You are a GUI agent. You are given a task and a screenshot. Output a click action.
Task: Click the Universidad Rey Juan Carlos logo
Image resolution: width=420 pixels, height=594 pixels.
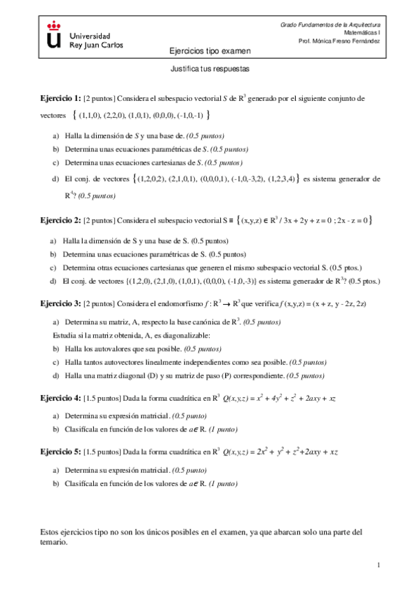point(85,34)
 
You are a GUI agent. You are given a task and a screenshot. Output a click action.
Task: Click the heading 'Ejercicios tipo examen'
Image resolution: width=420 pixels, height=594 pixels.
point(210,51)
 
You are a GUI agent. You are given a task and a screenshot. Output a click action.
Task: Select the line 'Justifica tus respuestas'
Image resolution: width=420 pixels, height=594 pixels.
point(210,70)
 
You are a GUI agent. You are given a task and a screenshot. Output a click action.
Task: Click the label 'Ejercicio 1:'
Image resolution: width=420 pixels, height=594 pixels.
point(60,99)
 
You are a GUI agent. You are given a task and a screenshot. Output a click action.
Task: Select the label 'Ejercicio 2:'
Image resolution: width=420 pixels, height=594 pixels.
point(60,221)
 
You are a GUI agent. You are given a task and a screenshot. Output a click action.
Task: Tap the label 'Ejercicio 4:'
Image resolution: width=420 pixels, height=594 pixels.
point(60,398)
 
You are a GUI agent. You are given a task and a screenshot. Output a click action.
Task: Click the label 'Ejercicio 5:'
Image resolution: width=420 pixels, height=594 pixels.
point(60,452)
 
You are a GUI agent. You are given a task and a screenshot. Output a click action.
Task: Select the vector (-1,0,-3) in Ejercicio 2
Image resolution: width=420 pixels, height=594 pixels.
point(239,282)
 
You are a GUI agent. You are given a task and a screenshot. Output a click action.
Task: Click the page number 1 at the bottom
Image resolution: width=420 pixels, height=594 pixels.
point(379,565)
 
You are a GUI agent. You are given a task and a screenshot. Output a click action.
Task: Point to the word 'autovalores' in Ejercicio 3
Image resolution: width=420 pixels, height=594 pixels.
point(117,348)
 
